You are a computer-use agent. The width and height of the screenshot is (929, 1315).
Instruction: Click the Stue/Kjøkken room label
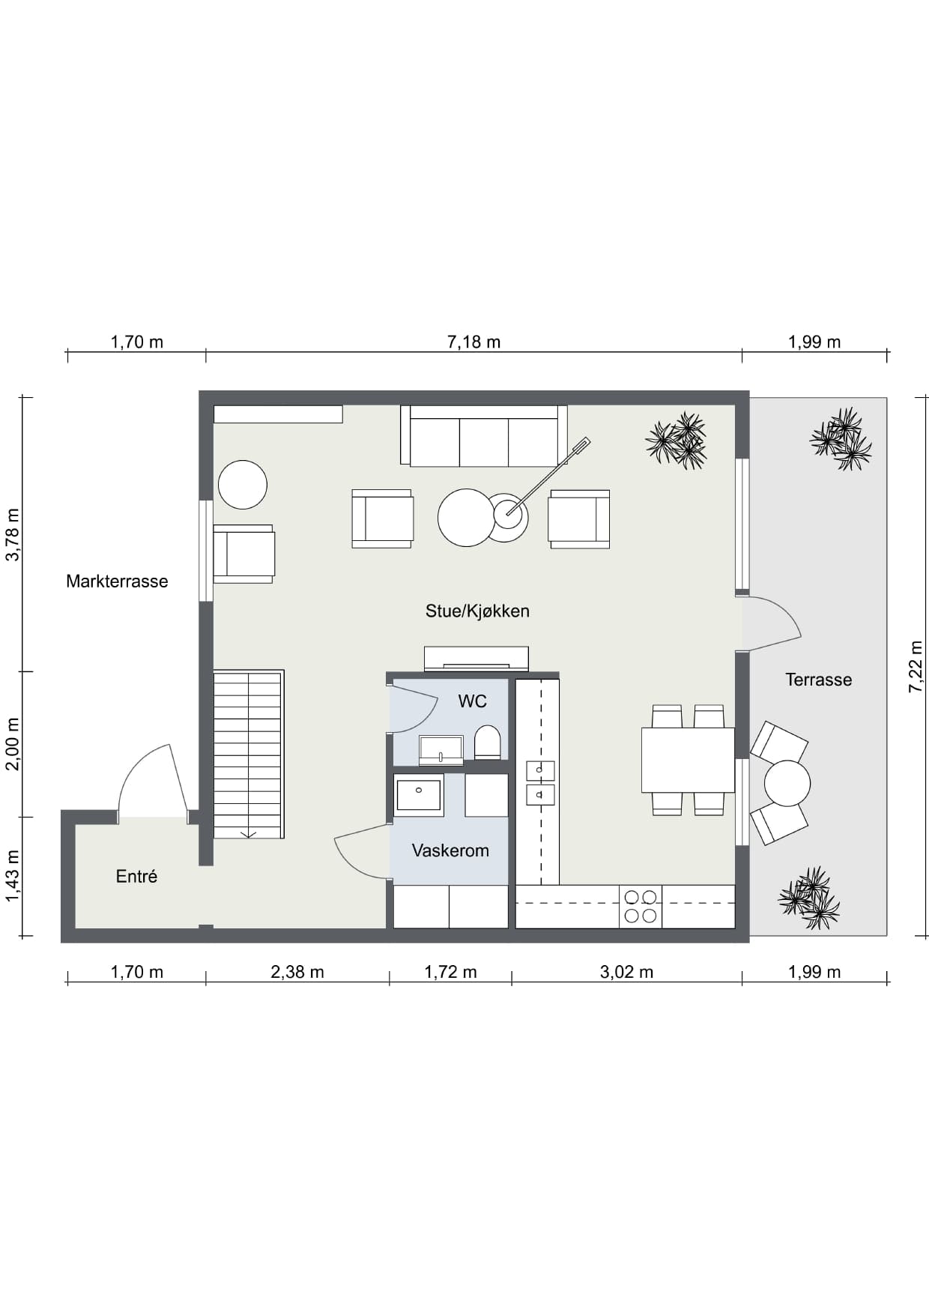coord(477,611)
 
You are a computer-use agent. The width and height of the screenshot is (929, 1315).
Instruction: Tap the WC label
coord(473,701)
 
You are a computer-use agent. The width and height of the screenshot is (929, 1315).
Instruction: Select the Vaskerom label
coord(450,850)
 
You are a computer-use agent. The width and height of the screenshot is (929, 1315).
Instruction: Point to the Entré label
coord(136,876)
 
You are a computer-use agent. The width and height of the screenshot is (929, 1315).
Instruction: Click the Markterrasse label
coord(117,581)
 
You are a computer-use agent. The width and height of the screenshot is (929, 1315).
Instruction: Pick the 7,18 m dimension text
coord(473,342)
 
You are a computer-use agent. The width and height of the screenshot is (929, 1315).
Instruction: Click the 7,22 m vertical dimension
coord(916,666)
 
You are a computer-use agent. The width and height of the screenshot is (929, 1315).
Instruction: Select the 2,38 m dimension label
coord(297,972)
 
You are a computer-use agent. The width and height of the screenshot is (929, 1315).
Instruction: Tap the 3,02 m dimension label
coord(626,972)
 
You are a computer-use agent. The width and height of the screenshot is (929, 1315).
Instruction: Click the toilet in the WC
coord(488,742)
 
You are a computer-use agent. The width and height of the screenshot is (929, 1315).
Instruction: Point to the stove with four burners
coord(641,907)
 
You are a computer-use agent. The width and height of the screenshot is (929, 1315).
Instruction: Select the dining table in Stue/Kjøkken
coord(688,760)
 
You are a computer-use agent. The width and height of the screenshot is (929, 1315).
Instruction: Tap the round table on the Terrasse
coord(787,783)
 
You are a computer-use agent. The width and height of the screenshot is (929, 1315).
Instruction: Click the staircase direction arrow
coord(248,834)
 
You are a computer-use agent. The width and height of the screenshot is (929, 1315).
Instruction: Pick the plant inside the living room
coord(677,441)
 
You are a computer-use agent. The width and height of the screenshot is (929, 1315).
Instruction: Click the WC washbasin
coord(441,749)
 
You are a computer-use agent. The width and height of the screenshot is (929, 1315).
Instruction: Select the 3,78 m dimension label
coord(13,534)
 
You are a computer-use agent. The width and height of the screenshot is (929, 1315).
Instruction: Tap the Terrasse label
coord(819,680)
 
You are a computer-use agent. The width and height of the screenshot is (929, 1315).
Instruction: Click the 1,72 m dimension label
coord(450,972)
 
